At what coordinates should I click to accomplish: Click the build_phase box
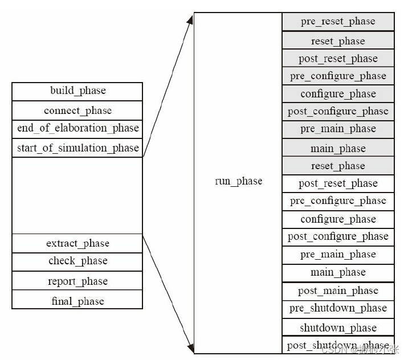pos(77,91)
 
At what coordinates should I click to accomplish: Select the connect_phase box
pos(77,111)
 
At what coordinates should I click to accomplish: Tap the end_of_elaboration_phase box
pos(77,129)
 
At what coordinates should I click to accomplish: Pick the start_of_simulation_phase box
pos(77,148)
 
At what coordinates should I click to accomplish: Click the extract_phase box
pos(77,243)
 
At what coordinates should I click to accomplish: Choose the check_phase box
pos(77,261)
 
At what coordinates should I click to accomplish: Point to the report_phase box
pos(77,281)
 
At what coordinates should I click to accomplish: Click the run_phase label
pos(238,181)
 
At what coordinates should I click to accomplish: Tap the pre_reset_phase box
pos(338,22)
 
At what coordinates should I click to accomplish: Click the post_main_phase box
pos(338,291)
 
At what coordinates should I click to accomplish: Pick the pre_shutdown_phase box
pos(338,309)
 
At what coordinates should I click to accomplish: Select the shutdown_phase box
pos(338,328)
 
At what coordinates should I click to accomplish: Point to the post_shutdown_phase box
pos(338,345)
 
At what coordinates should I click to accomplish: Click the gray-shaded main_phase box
pos(338,149)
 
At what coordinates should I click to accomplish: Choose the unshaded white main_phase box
pos(338,272)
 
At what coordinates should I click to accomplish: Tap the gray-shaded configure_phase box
pos(338,94)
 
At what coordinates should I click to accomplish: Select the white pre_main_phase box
pos(338,254)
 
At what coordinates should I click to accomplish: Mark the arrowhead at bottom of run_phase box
pos(190,347)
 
